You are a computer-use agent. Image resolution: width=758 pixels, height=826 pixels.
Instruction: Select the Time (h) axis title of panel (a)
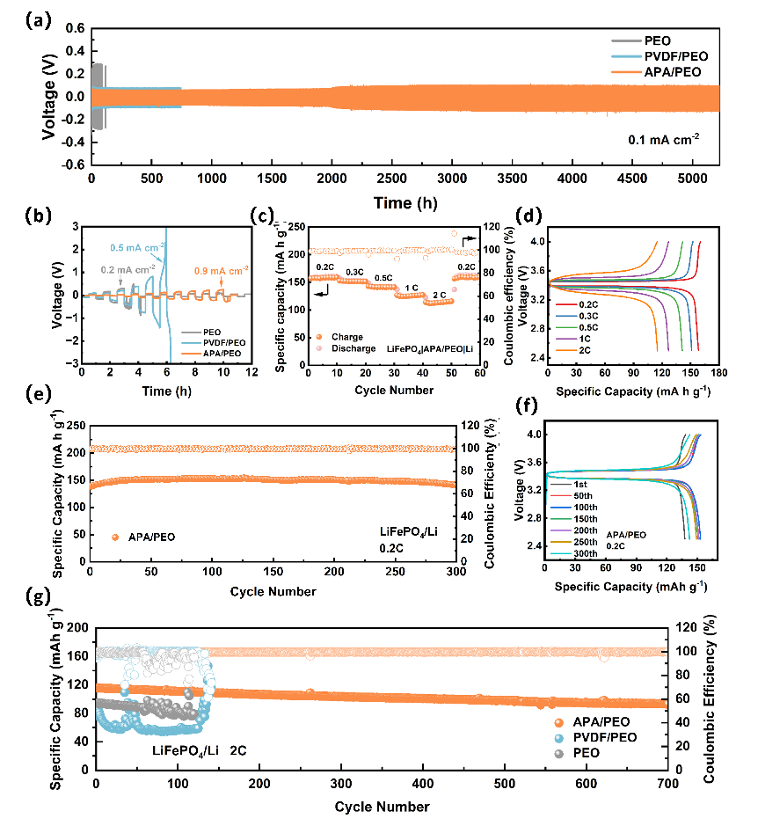coord(404,203)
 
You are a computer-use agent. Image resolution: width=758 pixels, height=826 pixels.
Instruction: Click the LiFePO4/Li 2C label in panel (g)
coord(198,749)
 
